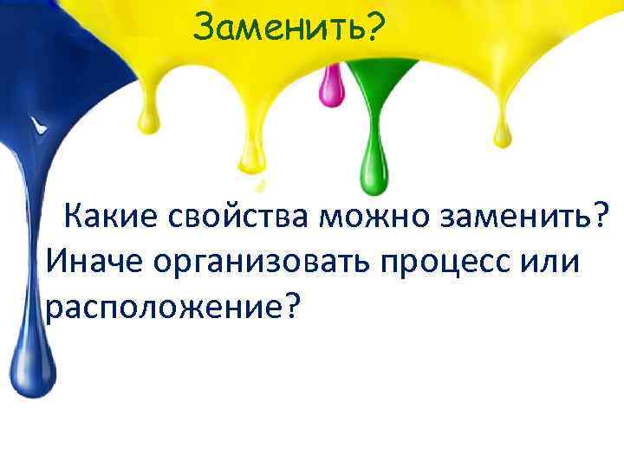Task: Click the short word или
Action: [554, 259]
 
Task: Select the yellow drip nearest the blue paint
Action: [151, 117]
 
